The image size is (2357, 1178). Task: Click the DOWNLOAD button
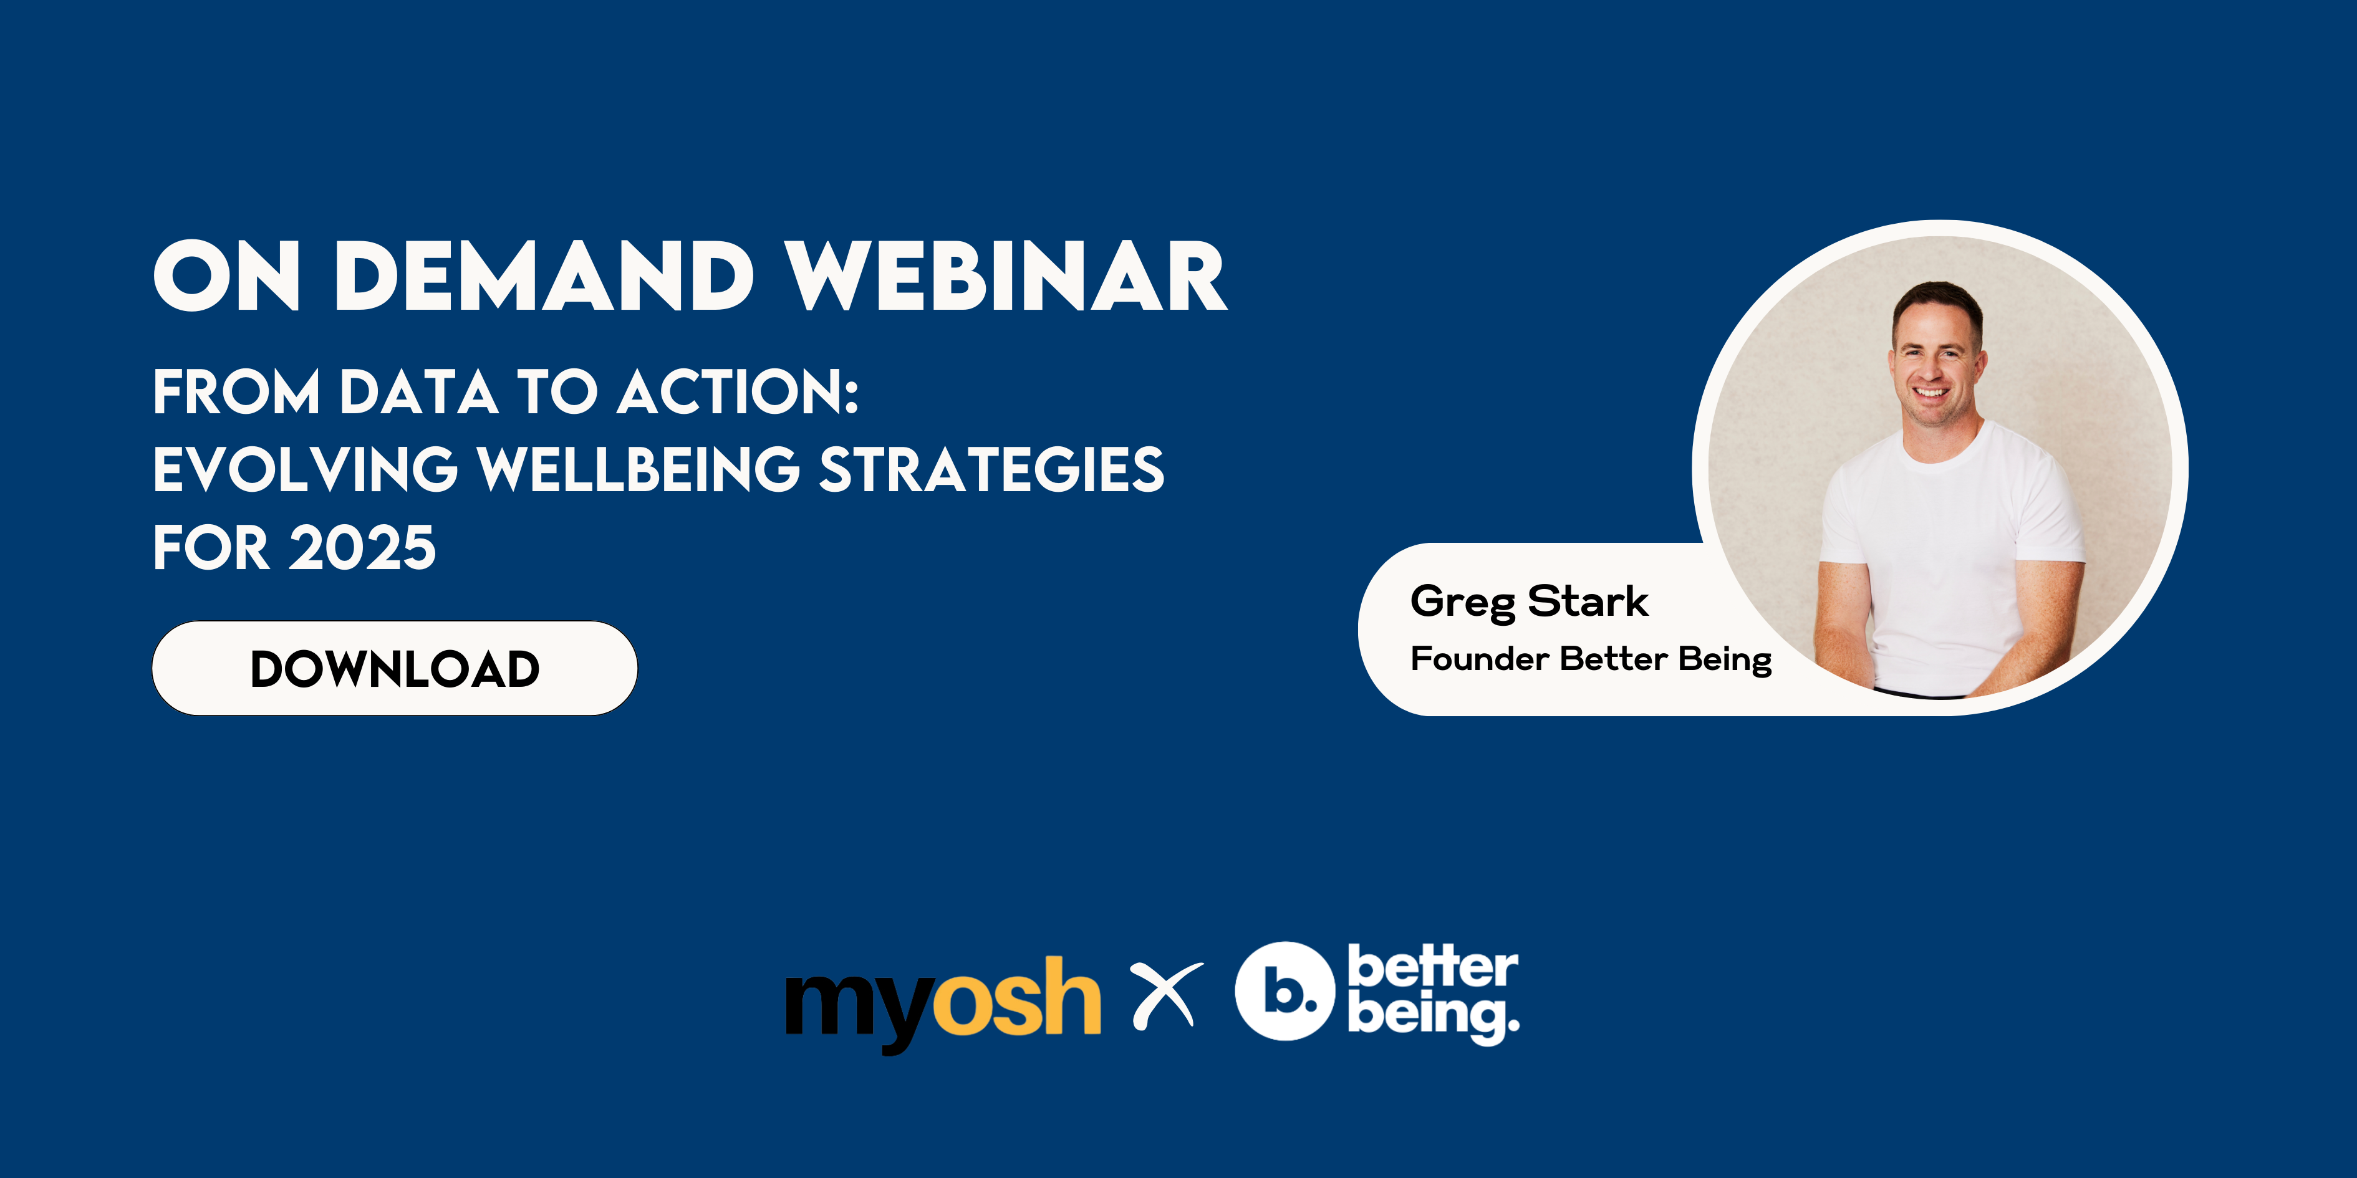394,669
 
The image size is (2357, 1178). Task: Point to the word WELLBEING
639,469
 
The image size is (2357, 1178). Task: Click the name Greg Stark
1529,603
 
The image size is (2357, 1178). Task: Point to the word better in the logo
1433,967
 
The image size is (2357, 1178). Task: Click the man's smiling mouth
1930,393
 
